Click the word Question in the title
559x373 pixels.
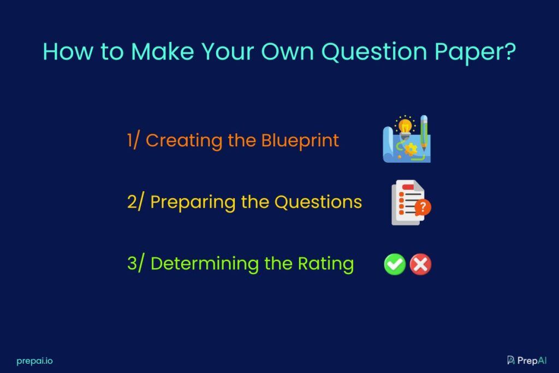point(374,52)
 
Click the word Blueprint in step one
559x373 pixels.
point(300,141)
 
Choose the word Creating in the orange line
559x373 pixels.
point(183,141)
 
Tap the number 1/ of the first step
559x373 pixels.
point(133,140)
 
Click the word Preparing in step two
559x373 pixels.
point(193,203)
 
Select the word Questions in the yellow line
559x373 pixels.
point(318,202)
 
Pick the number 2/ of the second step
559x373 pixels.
point(135,202)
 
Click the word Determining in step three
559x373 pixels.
point(205,264)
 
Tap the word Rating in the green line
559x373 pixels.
point(326,264)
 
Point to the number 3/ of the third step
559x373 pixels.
point(136,263)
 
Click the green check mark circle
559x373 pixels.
point(395,264)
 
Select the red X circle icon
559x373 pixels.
point(420,264)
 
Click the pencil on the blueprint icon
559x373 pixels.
point(424,132)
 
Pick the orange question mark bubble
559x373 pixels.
point(423,207)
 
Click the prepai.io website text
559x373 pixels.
point(34,361)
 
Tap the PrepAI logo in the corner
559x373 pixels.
point(527,360)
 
